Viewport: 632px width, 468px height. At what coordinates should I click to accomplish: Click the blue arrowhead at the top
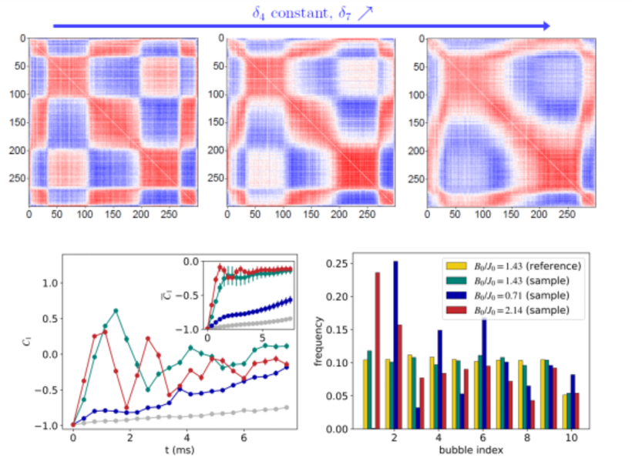pos(546,26)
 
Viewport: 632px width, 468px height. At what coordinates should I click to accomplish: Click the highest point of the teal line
pos(116,310)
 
